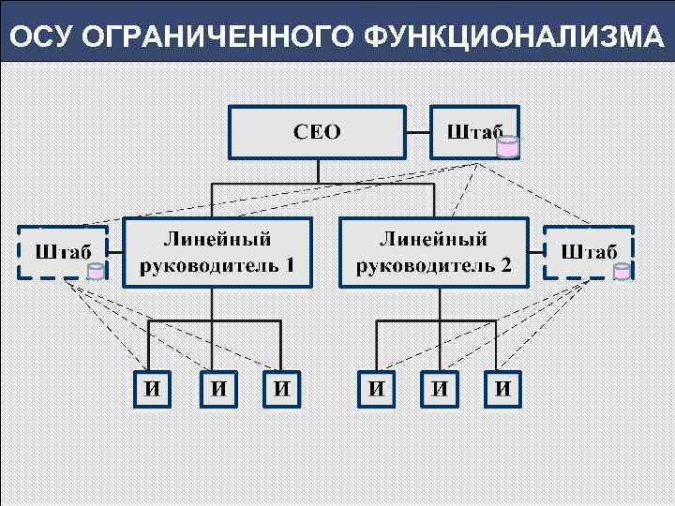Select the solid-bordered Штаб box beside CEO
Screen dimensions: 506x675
click(x=473, y=132)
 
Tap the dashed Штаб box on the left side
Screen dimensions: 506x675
click(x=63, y=252)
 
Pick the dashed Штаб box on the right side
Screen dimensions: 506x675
click(x=589, y=252)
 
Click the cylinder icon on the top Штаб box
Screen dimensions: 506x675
click(x=508, y=146)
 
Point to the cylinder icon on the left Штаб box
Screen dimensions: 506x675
click(x=96, y=271)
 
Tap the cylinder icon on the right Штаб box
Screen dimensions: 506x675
click(x=622, y=271)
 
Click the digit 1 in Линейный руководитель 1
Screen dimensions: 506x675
click(x=290, y=264)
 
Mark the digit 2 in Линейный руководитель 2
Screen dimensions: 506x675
click(x=505, y=264)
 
